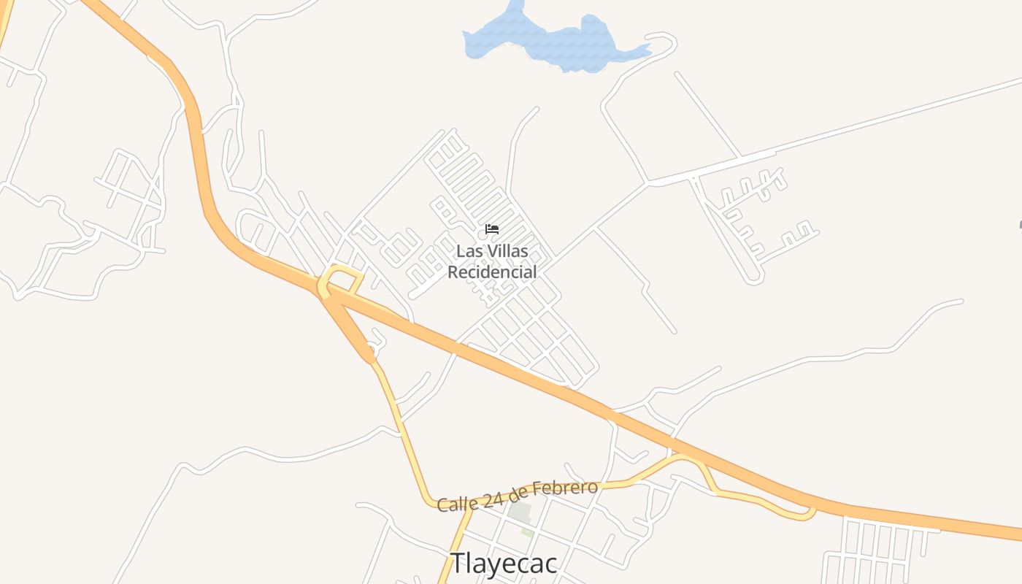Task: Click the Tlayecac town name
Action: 504,564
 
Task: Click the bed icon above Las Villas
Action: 492,229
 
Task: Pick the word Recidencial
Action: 492,272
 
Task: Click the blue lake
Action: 555,40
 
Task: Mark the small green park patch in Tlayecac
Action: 527,532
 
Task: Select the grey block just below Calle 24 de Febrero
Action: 519,512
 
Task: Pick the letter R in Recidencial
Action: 453,272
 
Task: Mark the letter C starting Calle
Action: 442,505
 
